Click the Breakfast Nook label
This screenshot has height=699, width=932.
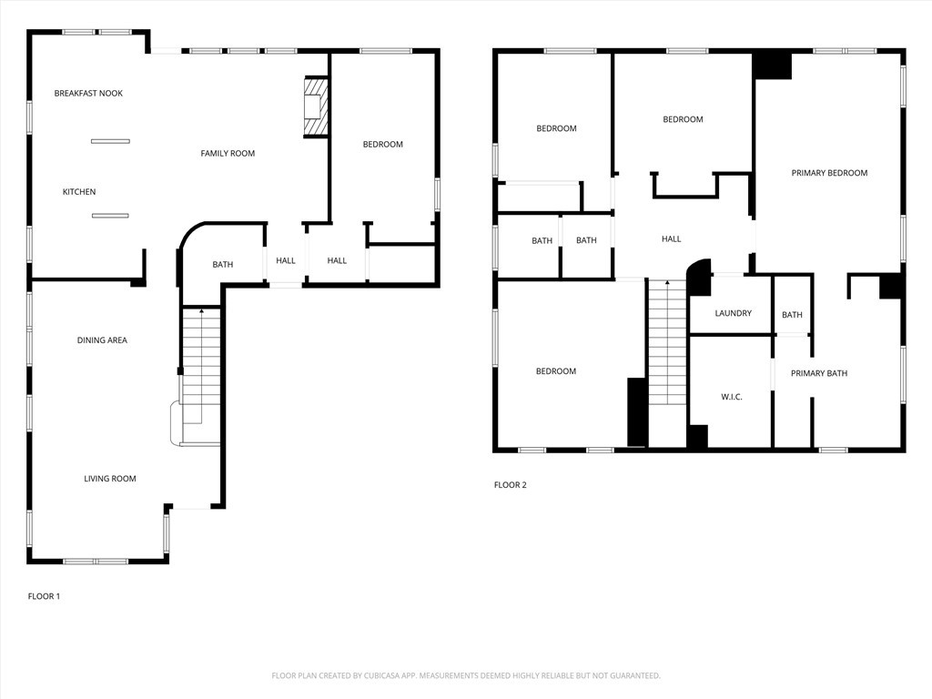(88, 94)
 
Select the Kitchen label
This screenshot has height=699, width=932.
(79, 192)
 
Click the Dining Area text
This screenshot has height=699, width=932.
(102, 340)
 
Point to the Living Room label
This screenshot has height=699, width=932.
(110, 479)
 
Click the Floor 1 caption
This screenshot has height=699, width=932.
(44, 596)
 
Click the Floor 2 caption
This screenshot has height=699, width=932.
(511, 485)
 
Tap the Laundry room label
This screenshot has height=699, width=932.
(733, 313)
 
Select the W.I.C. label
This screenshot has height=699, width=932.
(732, 397)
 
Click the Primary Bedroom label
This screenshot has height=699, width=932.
(829, 173)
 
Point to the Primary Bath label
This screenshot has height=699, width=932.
(818, 373)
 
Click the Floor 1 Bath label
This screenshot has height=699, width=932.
(223, 265)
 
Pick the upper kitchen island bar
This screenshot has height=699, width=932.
(110, 141)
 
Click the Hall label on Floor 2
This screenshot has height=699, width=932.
(671, 239)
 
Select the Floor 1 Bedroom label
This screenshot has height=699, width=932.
(382, 145)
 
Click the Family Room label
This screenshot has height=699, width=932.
(228, 154)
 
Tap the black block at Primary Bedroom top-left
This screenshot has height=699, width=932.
(773, 66)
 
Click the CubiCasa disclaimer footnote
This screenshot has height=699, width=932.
(466, 675)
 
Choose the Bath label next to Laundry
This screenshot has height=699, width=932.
(792, 315)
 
